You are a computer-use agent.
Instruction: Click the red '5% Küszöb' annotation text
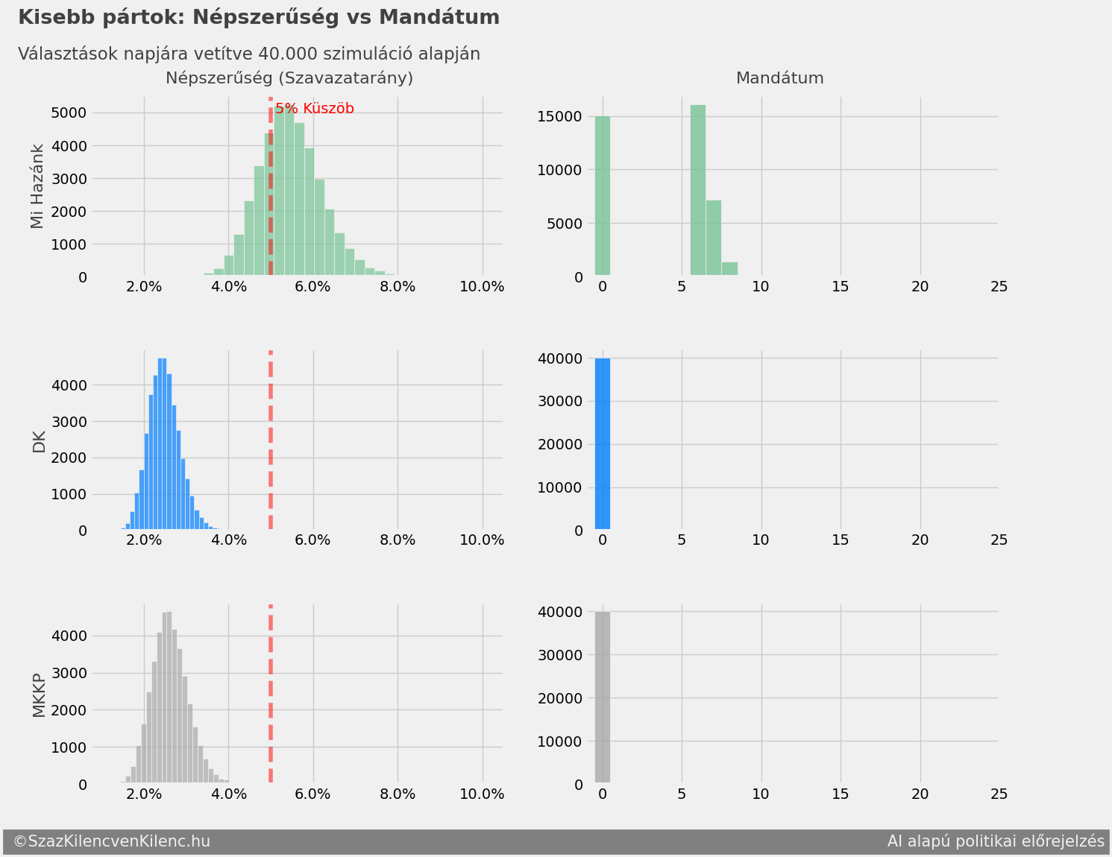pyautogui.click(x=315, y=109)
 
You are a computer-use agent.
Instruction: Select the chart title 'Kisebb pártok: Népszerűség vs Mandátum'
pyautogui.click(x=258, y=17)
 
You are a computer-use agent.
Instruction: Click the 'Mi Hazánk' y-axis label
pyautogui.click(x=37, y=186)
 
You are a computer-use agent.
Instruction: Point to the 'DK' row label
pyautogui.click(x=39, y=442)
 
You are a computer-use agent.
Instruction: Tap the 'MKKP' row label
pyautogui.click(x=39, y=695)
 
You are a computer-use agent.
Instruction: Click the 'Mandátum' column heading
pyautogui.click(x=779, y=78)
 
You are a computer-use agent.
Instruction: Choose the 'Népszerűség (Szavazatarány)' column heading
pyautogui.click(x=289, y=78)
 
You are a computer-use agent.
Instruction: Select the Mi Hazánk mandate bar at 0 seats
pyautogui.click(x=603, y=196)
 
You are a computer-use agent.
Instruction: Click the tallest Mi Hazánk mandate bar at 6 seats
pyautogui.click(x=698, y=191)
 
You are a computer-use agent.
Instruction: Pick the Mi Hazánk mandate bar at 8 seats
pyautogui.click(x=729, y=269)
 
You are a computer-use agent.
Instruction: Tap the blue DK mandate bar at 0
pyautogui.click(x=603, y=444)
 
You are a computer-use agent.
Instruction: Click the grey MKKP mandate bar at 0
pyautogui.click(x=603, y=698)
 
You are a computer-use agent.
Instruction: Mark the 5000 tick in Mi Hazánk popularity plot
pyautogui.click(x=69, y=113)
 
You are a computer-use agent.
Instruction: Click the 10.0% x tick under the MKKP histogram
pyautogui.click(x=482, y=794)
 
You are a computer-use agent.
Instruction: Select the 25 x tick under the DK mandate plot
pyautogui.click(x=999, y=540)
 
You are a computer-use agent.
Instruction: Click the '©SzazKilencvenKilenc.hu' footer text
pyautogui.click(x=112, y=841)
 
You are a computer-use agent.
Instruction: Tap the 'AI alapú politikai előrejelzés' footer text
pyautogui.click(x=995, y=841)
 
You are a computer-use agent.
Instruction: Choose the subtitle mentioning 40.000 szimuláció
pyautogui.click(x=249, y=54)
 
